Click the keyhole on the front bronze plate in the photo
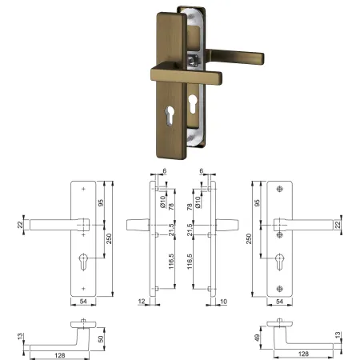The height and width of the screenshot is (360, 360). [x=170, y=115]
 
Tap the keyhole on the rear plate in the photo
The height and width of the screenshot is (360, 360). [x=193, y=104]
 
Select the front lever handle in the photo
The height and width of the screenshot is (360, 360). [x=186, y=74]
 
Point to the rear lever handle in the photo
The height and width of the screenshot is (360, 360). [x=234, y=57]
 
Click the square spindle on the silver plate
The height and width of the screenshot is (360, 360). [x=193, y=61]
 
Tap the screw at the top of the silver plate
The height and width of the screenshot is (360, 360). [x=190, y=17]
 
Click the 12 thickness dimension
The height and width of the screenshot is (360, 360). [x=142, y=302]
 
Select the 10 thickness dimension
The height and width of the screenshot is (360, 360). [x=223, y=302]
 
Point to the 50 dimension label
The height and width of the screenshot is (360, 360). [x=101, y=339]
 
